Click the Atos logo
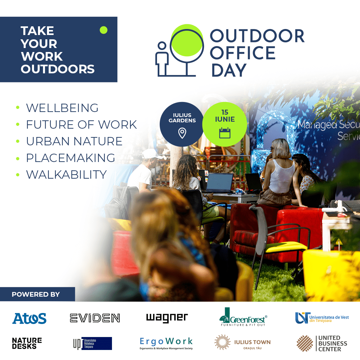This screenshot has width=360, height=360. [x=29, y=318]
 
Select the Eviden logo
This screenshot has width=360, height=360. [x=95, y=318]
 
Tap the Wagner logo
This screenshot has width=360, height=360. [x=167, y=318]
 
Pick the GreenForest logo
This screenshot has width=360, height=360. [x=243, y=317]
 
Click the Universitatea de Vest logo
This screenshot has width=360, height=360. [x=322, y=318]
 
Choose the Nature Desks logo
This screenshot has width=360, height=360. [x=27, y=343]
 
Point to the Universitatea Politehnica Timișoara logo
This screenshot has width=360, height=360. [x=92, y=343]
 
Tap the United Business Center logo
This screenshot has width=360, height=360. [x=322, y=343]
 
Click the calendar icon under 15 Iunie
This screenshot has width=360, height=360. [x=225, y=133]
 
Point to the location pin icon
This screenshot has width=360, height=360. [x=182, y=133]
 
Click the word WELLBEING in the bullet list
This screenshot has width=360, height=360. [x=62, y=108]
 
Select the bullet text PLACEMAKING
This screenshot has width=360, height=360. [x=71, y=158]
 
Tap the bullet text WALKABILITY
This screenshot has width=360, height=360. [x=66, y=174]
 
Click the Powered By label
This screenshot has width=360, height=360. [x=36, y=294]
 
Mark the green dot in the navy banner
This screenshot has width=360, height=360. [x=104, y=30]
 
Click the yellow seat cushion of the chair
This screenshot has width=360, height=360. [x=286, y=247]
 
